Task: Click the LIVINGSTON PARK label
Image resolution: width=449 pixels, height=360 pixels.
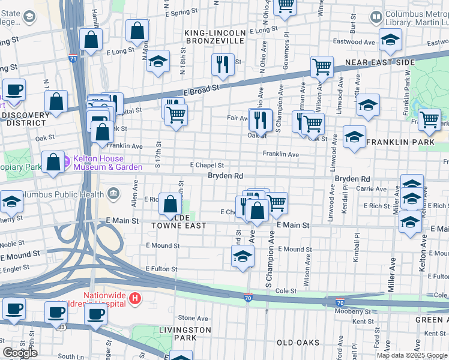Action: pyautogui.click(x=185, y=334)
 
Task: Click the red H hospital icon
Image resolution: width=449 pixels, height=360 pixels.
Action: pyautogui.click(x=136, y=298)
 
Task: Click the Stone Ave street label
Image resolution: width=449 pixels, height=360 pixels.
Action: pyautogui.click(x=192, y=318)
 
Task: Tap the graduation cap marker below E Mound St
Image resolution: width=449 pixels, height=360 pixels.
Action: pyautogui.click(x=242, y=256)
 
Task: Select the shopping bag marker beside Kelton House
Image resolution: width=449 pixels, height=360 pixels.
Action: pyautogui.click(x=53, y=163)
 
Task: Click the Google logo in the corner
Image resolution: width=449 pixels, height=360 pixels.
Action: pyautogui.click(x=20, y=353)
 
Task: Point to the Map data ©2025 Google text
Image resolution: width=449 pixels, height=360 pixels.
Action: pyautogui.click(x=412, y=355)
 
